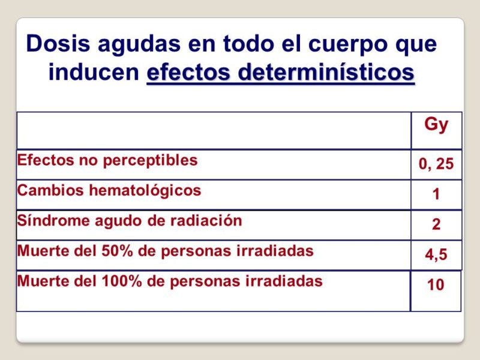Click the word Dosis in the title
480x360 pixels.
[x=58, y=43]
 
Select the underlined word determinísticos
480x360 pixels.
[x=326, y=72]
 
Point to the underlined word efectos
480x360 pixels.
[x=188, y=72]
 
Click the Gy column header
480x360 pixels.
[x=436, y=125]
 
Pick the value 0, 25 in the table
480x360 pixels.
[x=436, y=164]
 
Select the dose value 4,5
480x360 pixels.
[x=436, y=254]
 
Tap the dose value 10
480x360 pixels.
[x=436, y=284]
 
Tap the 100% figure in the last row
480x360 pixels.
[x=122, y=281]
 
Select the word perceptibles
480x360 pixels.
[x=150, y=161]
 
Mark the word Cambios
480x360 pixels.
[x=50, y=190]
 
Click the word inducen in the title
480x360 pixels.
[x=94, y=72]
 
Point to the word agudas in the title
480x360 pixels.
[x=139, y=45]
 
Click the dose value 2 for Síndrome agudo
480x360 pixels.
[x=436, y=224]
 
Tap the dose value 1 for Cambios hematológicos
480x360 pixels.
[x=436, y=194]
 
